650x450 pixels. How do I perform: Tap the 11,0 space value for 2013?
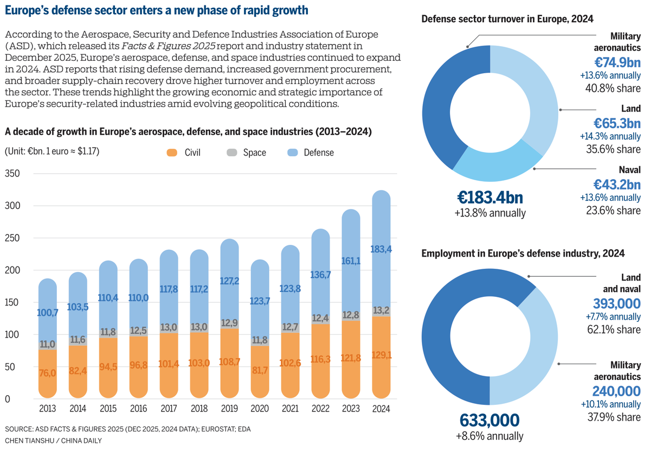[x=48, y=344]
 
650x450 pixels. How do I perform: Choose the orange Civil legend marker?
[x=172, y=153]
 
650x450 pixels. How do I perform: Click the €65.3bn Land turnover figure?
[x=617, y=123]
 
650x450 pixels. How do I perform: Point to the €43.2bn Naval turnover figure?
[x=617, y=185]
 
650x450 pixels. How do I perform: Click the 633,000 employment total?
[x=490, y=420]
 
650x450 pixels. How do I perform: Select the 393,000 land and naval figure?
[x=616, y=303]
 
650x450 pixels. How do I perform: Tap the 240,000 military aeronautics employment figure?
[x=616, y=391]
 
